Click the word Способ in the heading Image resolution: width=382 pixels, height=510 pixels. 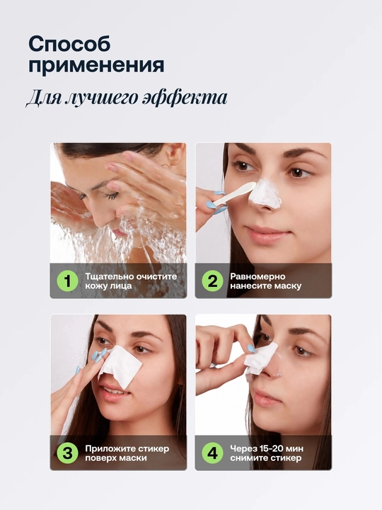pyautogui.click(x=69, y=44)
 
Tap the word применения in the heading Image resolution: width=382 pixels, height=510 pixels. pyautogui.click(x=96, y=65)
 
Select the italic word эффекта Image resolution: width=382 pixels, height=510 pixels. pyautogui.click(x=185, y=97)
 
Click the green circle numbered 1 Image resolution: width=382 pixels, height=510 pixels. pyautogui.click(x=68, y=281)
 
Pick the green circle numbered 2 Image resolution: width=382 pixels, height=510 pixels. pyautogui.click(x=212, y=281)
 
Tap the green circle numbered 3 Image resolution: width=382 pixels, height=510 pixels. pyautogui.click(x=68, y=453)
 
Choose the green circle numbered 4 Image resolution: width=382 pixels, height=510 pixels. pyautogui.click(x=212, y=453)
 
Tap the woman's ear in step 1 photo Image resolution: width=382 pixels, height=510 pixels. pyautogui.click(x=178, y=154)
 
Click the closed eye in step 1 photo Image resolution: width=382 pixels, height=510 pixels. pyautogui.click(x=110, y=195)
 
